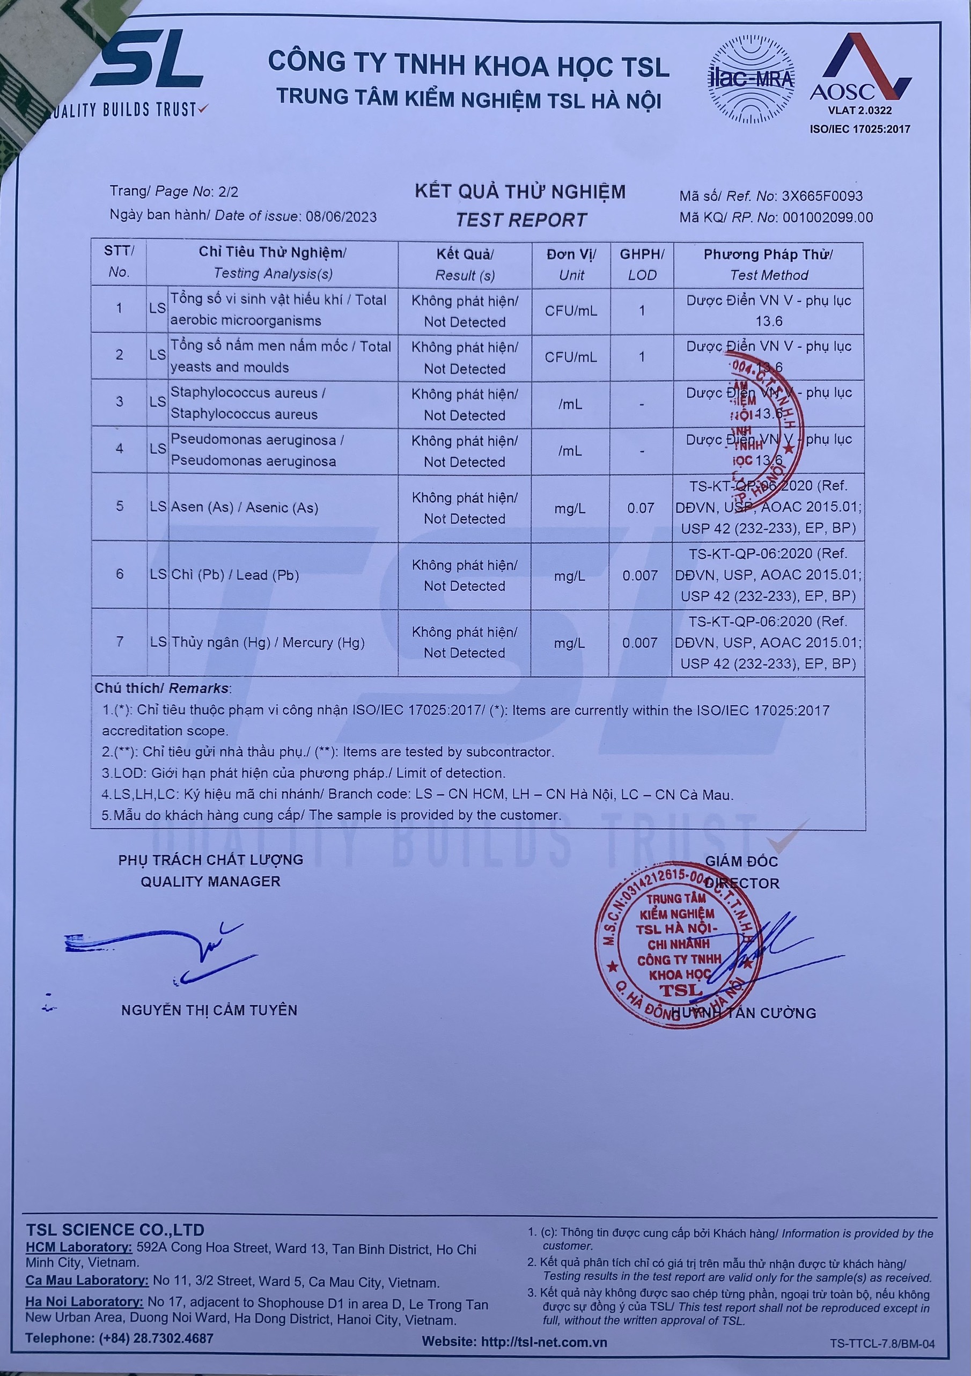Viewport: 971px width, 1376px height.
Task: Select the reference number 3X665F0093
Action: (x=822, y=196)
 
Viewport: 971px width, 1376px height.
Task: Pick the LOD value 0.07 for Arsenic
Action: (x=641, y=508)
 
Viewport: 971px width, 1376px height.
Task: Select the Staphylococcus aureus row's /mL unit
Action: (x=570, y=405)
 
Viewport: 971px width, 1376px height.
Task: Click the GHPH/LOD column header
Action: (x=642, y=264)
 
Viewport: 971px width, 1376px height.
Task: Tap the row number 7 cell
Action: (x=120, y=642)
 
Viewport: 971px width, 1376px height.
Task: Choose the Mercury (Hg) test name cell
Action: (x=268, y=642)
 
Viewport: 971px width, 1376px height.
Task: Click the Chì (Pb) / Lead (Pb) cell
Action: (x=235, y=575)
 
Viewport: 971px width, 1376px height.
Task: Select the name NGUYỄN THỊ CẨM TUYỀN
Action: (x=209, y=1011)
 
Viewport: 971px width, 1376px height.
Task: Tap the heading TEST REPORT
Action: (x=520, y=220)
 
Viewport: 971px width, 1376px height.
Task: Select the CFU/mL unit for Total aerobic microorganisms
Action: (x=570, y=310)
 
